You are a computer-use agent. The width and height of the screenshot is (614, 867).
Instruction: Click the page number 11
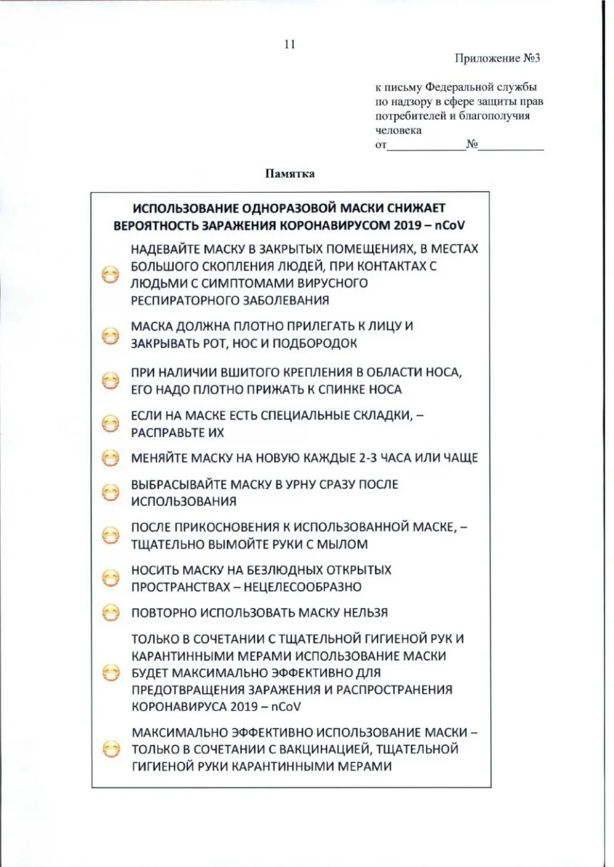pyautogui.click(x=290, y=44)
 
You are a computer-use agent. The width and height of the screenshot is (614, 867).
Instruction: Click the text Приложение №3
pyautogui.click(x=497, y=58)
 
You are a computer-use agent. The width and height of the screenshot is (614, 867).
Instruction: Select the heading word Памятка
pyautogui.click(x=290, y=173)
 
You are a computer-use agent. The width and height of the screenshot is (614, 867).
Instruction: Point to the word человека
pyautogui.click(x=398, y=130)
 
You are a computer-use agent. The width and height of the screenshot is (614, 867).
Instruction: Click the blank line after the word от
pyautogui.click(x=426, y=146)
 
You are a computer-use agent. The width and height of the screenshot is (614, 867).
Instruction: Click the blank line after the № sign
pyautogui.click(x=511, y=146)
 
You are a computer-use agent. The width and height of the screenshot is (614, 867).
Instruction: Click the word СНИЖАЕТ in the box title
pyautogui.click(x=417, y=208)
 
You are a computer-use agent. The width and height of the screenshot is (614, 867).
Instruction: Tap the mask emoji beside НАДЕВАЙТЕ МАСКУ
pyautogui.click(x=110, y=275)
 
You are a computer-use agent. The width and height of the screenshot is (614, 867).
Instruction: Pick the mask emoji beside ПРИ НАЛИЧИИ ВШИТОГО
pyautogui.click(x=110, y=380)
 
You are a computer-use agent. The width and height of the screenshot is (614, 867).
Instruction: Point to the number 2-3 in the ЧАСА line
pyautogui.click(x=371, y=458)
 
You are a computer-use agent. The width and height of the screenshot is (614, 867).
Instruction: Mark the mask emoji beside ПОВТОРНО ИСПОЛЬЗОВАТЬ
pyautogui.click(x=110, y=612)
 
